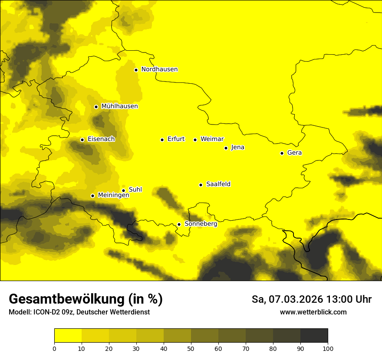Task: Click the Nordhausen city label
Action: point(159,69)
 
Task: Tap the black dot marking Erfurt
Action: point(162,140)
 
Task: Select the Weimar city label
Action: point(212,139)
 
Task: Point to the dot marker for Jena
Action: point(226,148)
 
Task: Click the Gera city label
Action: point(294,153)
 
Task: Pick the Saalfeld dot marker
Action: point(201,185)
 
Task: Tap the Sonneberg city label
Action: point(201,224)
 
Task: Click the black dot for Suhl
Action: point(123,190)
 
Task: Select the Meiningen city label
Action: point(113,195)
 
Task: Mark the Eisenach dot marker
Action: point(82,140)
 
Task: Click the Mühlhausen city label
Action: point(119,106)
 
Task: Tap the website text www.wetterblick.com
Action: point(313,312)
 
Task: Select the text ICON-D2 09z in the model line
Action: point(51,312)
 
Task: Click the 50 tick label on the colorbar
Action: point(191,348)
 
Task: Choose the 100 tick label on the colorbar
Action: point(328,348)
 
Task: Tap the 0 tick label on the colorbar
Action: point(54,348)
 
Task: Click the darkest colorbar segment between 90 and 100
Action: point(314,335)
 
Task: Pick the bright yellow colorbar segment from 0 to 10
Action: point(68,335)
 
